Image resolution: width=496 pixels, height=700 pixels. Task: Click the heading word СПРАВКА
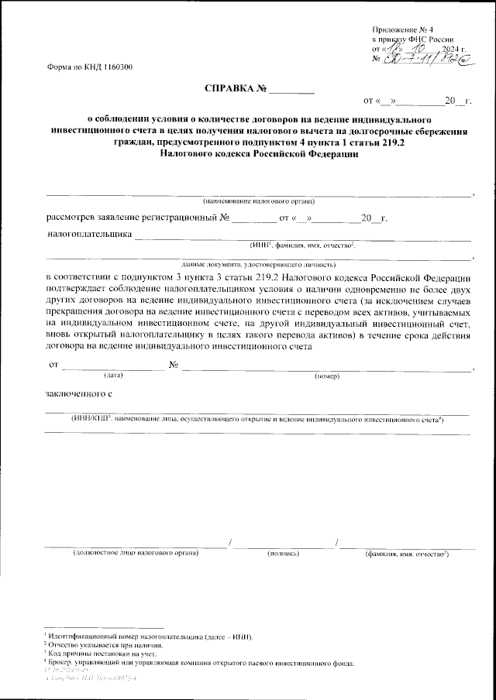(x=229, y=89)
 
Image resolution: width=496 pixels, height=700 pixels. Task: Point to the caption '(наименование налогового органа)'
(x=258, y=201)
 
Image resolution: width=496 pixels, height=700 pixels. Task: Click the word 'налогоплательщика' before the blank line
(x=88, y=233)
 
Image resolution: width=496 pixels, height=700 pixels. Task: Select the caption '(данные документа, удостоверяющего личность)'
(x=258, y=264)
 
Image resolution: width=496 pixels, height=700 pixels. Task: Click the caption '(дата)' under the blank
(x=114, y=376)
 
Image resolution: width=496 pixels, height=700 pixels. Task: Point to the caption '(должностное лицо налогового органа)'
(x=146, y=554)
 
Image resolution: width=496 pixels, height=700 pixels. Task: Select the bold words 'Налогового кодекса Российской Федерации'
(x=258, y=153)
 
